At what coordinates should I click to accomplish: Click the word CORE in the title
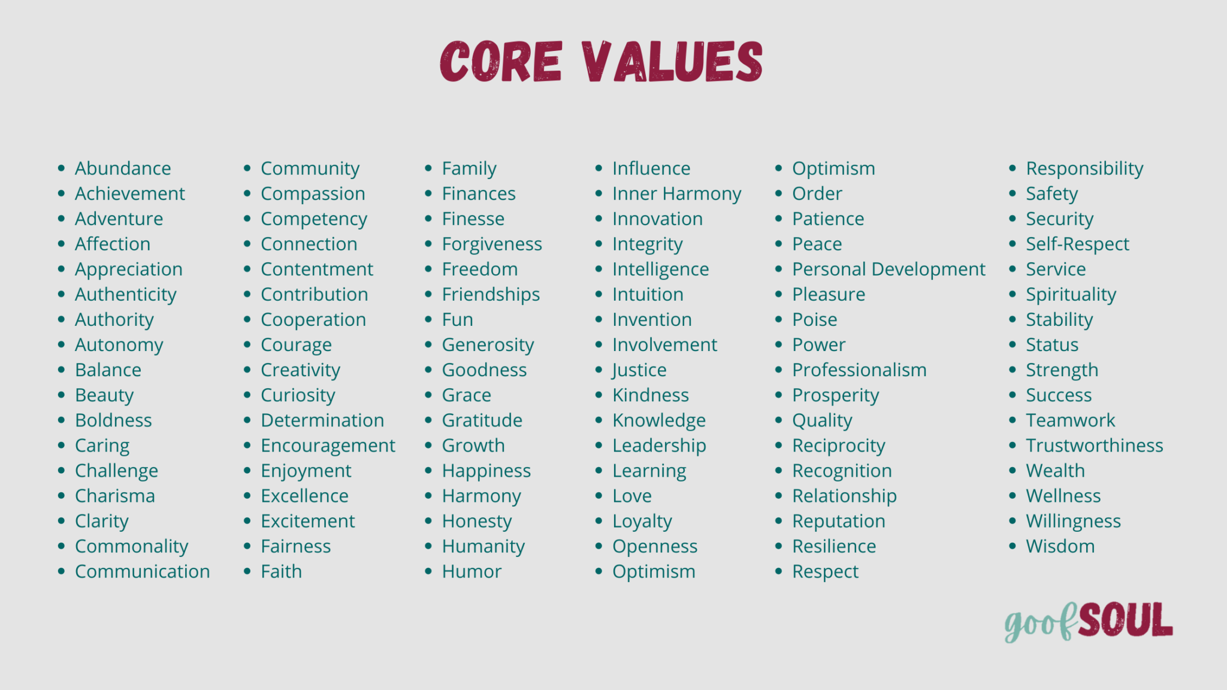tap(501, 61)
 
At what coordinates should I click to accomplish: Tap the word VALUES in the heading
tap(672, 61)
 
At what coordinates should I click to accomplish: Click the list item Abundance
tap(123, 168)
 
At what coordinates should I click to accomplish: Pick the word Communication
tap(143, 571)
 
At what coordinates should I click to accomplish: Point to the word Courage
tap(296, 345)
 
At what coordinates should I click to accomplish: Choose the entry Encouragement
tap(328, 446)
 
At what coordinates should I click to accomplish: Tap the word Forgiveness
tap(492, 244)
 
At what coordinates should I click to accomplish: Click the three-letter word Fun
tap(457, 320)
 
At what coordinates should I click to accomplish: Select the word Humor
tap(472, 571)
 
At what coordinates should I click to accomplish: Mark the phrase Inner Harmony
tap(676, 194)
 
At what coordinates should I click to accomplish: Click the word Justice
tap(639, 370)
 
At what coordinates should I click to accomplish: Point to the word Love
tap(631, 496)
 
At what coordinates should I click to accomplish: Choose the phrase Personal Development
tap(888, 270)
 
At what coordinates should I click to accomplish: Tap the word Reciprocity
tap(839, 446)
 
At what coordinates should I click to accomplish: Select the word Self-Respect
tap(1077, 244)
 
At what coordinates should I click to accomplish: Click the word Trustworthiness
tap(1095, 446)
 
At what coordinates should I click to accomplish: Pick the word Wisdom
tap(1060, 546)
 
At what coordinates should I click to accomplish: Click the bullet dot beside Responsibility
tap(1013, 168)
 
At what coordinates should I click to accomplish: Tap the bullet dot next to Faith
tap(247, 571)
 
